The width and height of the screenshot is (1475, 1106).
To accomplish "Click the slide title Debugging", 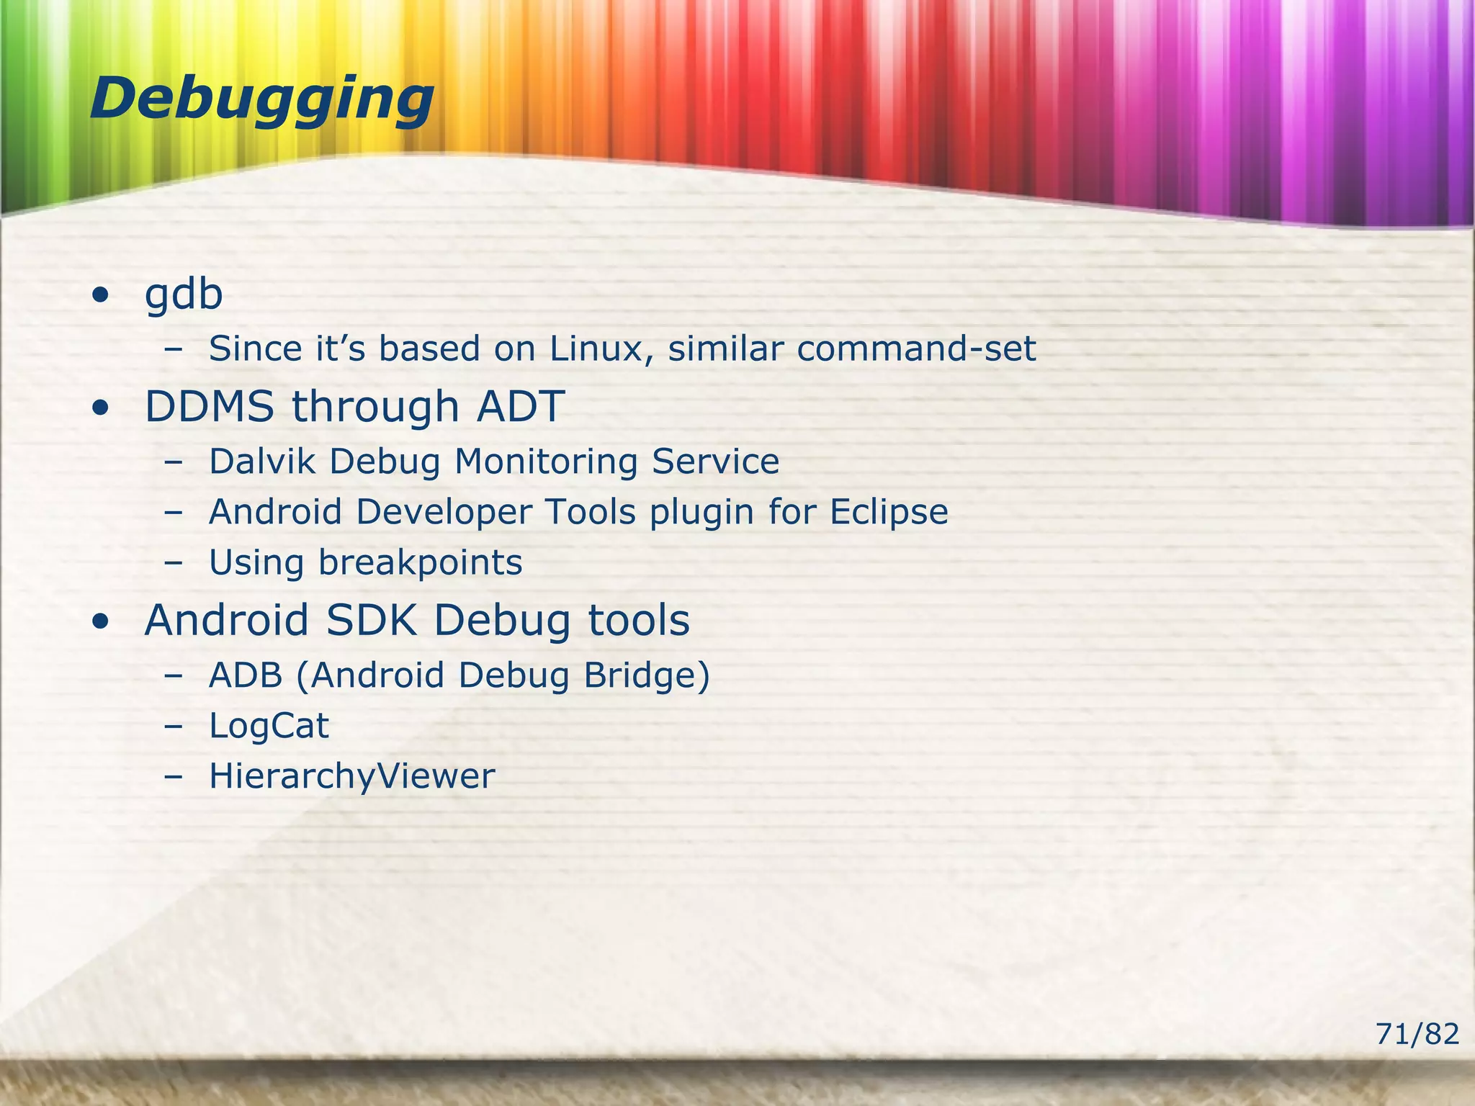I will (262, 99).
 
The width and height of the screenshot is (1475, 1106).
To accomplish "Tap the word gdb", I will (184, 295).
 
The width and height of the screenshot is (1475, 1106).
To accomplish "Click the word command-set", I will (916, 349).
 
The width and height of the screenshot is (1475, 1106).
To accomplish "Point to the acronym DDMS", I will (210, 406).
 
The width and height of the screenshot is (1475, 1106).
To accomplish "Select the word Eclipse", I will (889, 513).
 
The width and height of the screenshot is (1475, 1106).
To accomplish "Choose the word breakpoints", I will (421, 563).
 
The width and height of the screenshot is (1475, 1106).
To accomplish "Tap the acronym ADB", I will (246, 675).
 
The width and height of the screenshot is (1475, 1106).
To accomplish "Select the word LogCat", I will (269, 726).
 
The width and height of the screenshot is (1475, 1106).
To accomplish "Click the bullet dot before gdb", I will (101, 296).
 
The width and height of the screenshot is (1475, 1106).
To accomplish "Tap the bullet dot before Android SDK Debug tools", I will (101, 621).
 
